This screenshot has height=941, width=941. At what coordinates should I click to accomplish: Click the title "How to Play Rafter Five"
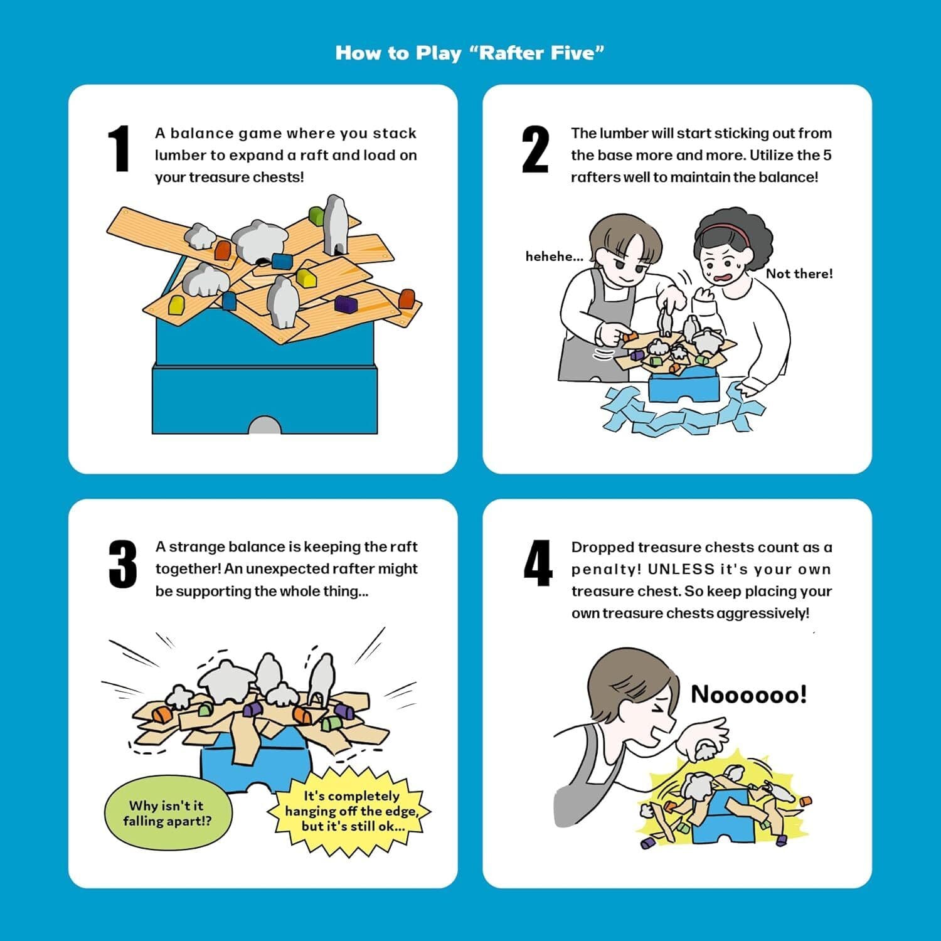(469, 53)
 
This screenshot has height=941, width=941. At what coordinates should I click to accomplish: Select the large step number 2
(535, 149)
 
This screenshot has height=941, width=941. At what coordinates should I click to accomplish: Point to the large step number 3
(122, 564)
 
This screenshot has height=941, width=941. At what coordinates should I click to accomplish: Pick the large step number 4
(538, 563)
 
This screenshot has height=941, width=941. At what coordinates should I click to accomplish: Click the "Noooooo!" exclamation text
(748, 694)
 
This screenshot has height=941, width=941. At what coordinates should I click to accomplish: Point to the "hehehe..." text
(555, 256)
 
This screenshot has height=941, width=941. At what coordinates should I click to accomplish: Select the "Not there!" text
(799, 274)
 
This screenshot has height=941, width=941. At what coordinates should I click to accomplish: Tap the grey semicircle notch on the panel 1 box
(264, 425)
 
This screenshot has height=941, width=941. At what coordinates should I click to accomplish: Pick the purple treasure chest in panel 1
(346, 304)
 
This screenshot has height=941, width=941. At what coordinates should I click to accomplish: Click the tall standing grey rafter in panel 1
(335, 224)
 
